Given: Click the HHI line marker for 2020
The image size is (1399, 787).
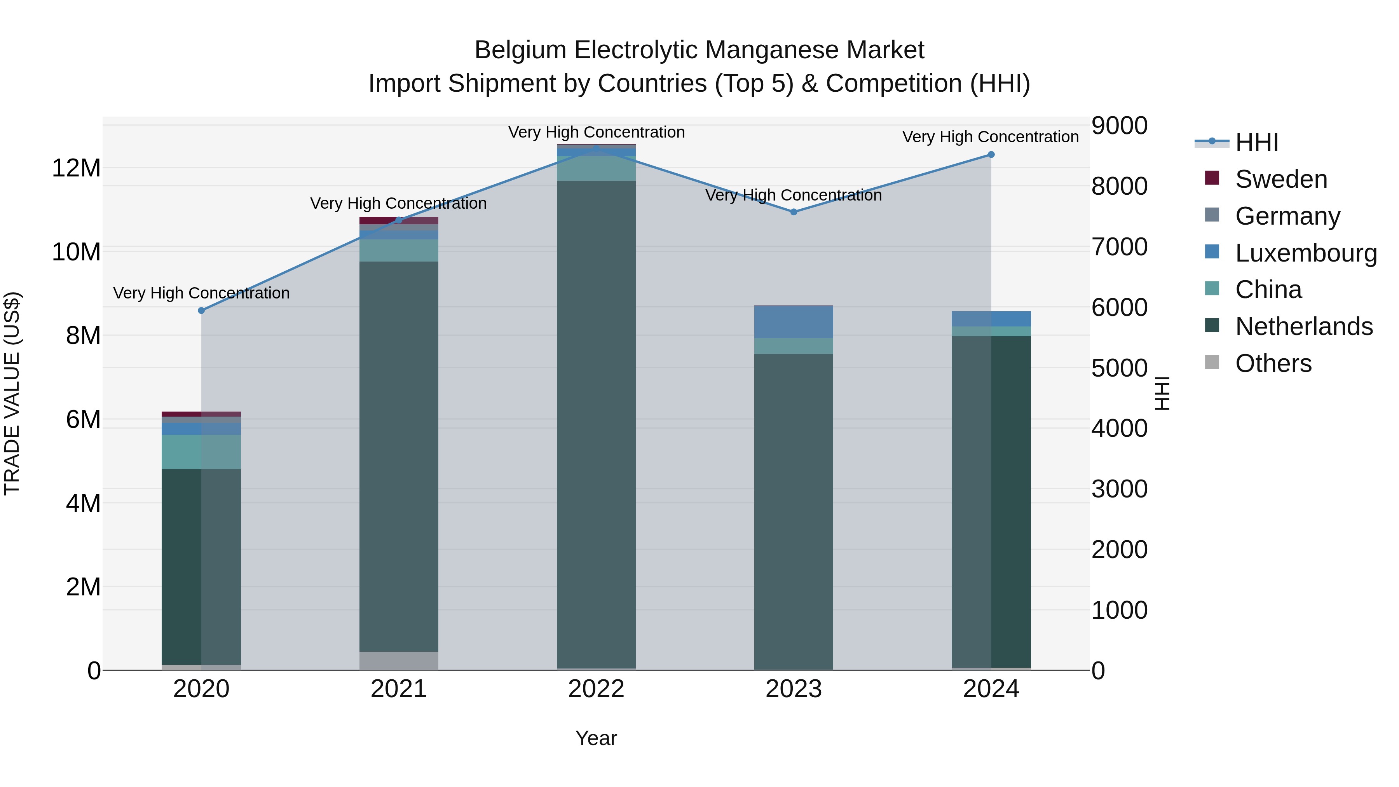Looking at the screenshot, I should coord(201,311).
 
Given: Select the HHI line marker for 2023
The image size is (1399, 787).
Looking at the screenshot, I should coord(794,212).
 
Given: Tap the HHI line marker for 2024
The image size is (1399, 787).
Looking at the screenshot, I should coord(991,155).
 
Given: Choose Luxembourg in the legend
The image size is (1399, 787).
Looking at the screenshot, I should coord(1306,253).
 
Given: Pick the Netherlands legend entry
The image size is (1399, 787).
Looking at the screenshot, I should coord(1303,326).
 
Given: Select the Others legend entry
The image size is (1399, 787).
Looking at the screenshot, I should coord(1273,363).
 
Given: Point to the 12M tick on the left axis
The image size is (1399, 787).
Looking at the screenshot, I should coord(76,168).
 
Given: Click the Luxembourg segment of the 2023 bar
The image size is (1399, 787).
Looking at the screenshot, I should coord(794,322).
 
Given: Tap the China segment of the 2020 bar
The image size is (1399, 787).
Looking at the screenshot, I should coord(201,452).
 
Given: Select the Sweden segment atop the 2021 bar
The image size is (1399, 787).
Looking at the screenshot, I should coord(399,220).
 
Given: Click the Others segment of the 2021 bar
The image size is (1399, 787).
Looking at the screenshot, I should coord(399,660).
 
